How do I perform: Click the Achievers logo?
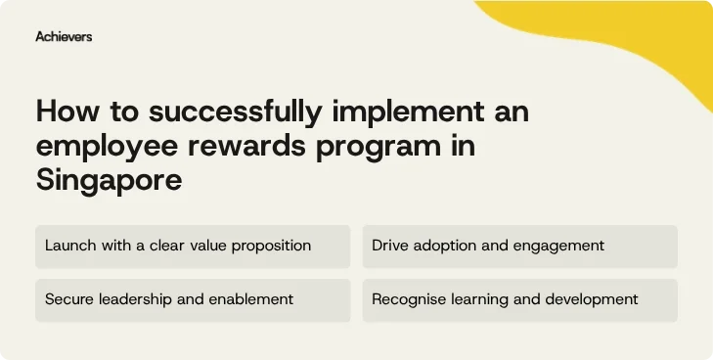pos(64,36)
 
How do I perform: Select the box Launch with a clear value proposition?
pos(193,246)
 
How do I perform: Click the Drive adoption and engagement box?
pos(519,246)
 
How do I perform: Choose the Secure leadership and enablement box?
pos(193,299)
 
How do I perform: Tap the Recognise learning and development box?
pos(519,299)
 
